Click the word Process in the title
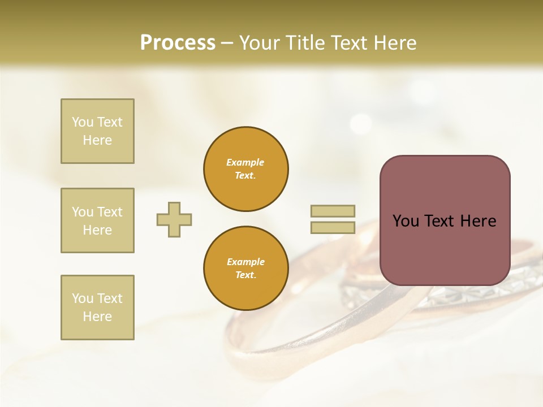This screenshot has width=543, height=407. click(178, 43)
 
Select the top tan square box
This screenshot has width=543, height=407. click(97, 131)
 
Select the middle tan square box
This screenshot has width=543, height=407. click(97, 220)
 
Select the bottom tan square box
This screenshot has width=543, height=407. click(97, 308)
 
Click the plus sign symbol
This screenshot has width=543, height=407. click(174, 219)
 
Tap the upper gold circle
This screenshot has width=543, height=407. click(245, 169)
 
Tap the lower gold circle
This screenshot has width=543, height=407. click(245, 269)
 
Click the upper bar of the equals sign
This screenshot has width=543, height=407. click(333, 211)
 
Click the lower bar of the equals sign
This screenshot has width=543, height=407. click(333, 228)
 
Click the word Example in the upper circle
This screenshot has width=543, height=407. click(245, 163)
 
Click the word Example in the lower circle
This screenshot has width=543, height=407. click(245, 262)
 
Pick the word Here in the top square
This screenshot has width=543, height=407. click(97, 140)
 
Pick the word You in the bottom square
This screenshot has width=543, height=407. click(83, 298)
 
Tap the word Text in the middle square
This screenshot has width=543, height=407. click(109, 212)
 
